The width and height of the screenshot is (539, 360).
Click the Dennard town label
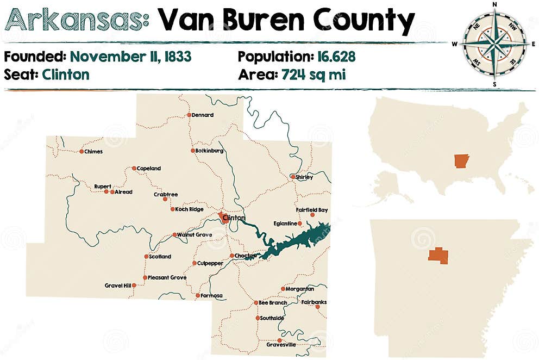pyautogui.click(x=202, y=115)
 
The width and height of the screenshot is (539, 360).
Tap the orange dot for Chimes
pyautogui.click(x=82, y=151)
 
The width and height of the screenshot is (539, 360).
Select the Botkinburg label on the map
pyautogui.click(x=209, y=151)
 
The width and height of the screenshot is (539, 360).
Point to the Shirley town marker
pyautogui.click(x=293, y=177)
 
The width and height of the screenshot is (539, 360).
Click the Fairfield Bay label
pyautogui.click(x=312, y=209)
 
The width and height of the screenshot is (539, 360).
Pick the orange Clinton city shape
pyautogui.click(x=223, y=217)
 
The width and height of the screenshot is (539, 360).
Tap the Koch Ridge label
pyautogui.click(x=189, y=209)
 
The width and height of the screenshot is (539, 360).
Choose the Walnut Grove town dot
pyautogui.click(x=174, y=235)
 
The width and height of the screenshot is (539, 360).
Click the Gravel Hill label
pyautogui.click(x=118, y=285)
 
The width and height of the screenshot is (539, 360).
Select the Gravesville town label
pyautogui.click(x=281, y=345)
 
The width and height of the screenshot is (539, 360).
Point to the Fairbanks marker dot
pyautogui.click(x=317, y=307)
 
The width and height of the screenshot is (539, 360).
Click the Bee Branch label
pyautogui.click(x=273, y=302)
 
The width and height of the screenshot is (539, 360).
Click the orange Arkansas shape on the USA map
pyautogui.click(x=461, y=161)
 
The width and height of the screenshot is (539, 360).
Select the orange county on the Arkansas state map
pyautogui.click(x=438, y=256)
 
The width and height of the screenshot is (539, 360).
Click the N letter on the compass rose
pyautogui.click(x=494, y=4)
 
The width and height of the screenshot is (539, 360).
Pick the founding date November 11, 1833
pyautogui.click(x=130, y=57)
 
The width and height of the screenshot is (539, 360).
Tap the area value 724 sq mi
pyautogui.click(x=314, y=75)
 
